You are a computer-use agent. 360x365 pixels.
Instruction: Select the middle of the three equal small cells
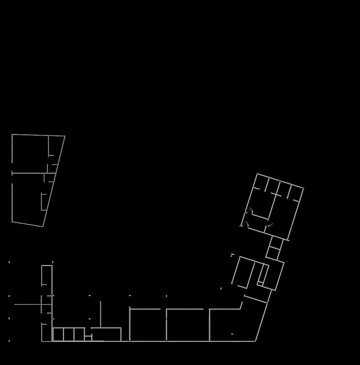(69, 334)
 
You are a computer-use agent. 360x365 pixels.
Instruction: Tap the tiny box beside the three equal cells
(88, 338)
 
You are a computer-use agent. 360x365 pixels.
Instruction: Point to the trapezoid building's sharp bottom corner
(43, 226)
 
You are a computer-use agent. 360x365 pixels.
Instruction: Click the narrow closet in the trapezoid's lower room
(44, 202)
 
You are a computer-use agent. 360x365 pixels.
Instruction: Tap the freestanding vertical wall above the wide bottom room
(100, 314)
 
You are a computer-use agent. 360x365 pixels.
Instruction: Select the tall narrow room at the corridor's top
(47, 275)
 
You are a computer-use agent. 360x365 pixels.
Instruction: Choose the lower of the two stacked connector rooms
(273, 254)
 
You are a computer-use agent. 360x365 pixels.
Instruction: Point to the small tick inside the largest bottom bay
(232, 334)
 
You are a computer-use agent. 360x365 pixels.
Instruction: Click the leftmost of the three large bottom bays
(148, 325)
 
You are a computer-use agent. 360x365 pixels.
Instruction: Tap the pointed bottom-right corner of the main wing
(255, 341)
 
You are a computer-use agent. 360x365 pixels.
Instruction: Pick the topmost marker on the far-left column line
(9, 262)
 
